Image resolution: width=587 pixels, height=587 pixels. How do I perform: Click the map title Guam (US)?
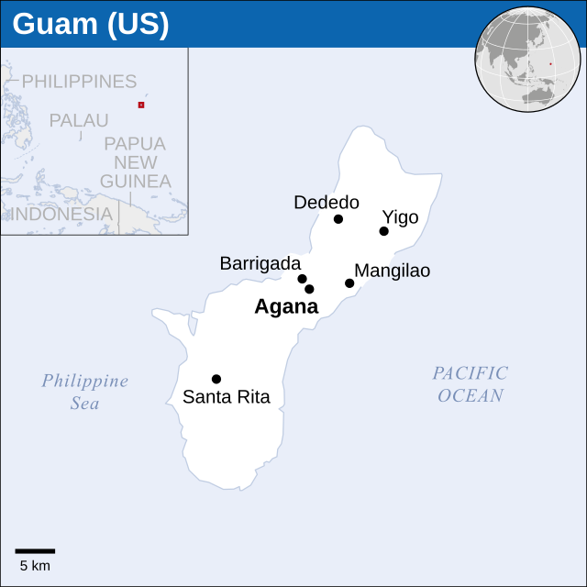pyautogui.click(x=91, y=25)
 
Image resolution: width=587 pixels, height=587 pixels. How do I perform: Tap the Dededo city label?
pyautogui.click(x=327, y=203)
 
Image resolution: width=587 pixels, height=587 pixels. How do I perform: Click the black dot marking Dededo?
pyautogui.click(x=338, y=219)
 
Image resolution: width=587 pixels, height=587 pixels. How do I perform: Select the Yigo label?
pyautogui.click(x=400, y=217)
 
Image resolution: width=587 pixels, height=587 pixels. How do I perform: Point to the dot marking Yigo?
pyautogui.click(x=383, y=231)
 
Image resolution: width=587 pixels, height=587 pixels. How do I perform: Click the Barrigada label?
pyautogui.click(x=260, y=263)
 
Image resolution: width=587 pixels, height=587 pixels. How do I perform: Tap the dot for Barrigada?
pyautogui.click(x=302, y=279)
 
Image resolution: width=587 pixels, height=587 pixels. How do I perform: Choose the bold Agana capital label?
pyautogui.click(x=286, y=307)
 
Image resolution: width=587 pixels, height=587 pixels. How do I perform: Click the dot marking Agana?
pyautogui.click(x=309, y=289)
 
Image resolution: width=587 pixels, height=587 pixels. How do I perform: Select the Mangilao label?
pyautogui.click(x=392, y=271)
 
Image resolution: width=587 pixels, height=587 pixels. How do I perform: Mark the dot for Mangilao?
pyautogui.click(x=349, y=283)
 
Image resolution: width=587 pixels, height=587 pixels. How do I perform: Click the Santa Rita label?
pyautogui.click(x=227, y=397)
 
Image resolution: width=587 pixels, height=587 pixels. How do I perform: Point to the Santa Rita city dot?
pyautogui.click(x=216, y=379)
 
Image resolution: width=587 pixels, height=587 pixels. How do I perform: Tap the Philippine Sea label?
pyautogui.click(x=85, y=392)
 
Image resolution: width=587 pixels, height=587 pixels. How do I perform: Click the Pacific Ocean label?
pyautogui.click(x=471, y=384)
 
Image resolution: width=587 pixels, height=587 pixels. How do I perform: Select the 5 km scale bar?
pyautogui.click(x=35, y=551)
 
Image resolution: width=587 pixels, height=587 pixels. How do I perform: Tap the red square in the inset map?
pyautogui.click(x=141, y=105)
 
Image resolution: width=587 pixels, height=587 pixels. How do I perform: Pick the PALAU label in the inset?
pyautogui.click(x=79, y=120)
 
